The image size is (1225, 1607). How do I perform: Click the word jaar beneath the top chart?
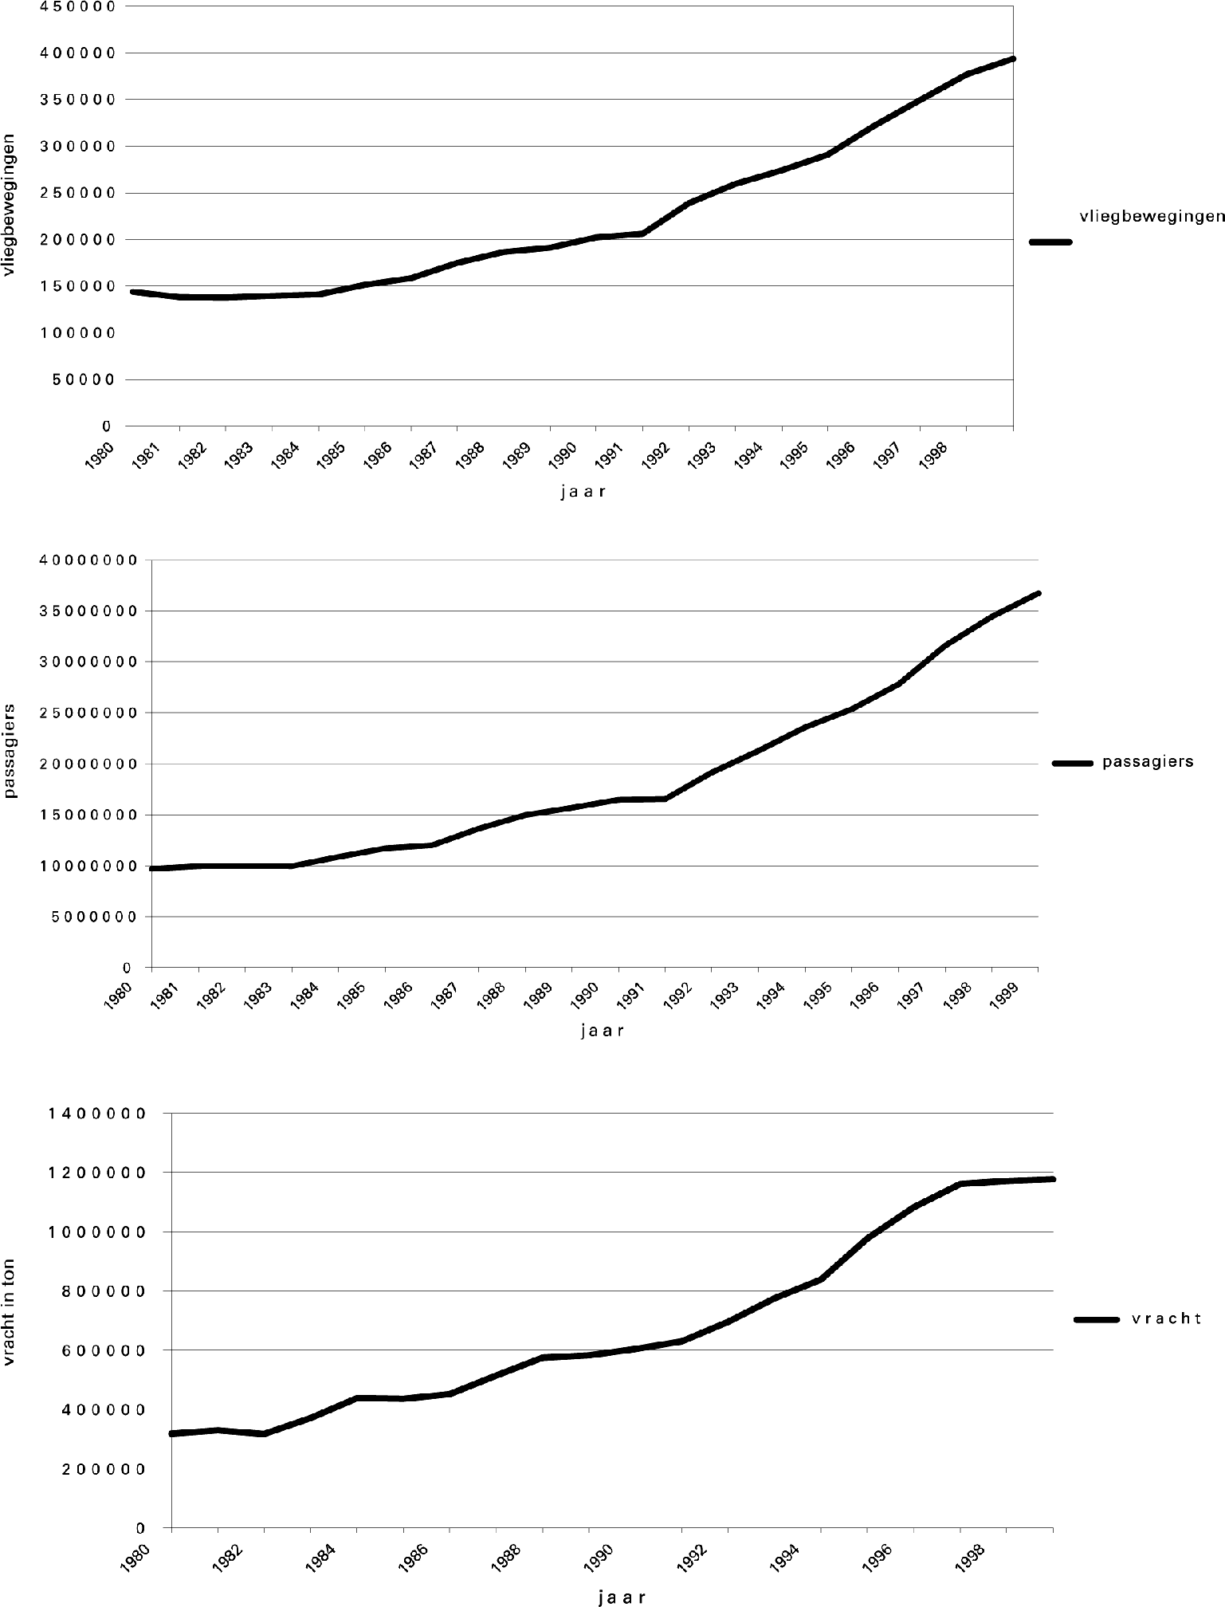583,492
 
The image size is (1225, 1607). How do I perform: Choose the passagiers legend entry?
1147,761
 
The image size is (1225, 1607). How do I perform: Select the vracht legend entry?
1165,1319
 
